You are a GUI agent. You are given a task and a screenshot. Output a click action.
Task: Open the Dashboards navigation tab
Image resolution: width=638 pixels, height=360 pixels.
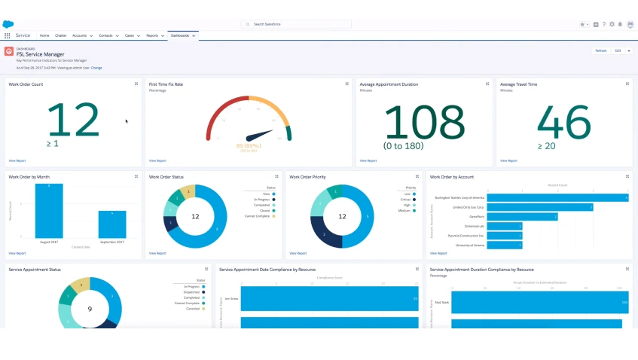pyautogui.click(x=179, y=35)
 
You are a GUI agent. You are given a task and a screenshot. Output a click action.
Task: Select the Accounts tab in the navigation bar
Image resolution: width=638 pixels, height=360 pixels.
pyautogui.click(x=79, y=35)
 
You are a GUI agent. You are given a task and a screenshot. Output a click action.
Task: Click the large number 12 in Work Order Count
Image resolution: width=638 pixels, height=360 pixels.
pyautogui.click(x=73, y=121)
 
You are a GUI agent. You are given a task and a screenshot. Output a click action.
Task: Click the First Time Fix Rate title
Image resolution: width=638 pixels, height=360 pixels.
pyautogui.click(x=166, y=84)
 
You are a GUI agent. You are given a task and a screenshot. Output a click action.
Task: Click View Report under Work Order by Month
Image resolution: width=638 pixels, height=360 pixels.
pyautogui.click(x=17, y=253)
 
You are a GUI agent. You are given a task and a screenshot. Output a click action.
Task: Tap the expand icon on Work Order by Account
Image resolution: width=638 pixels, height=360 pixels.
pyautogui.click(x=627, y=177)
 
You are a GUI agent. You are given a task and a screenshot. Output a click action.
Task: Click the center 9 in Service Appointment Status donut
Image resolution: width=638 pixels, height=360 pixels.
pyautogui.click(x=90, y=309)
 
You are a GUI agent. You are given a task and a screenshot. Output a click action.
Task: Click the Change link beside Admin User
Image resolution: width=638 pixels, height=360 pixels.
pyautogui.click(x=96, y=68)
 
